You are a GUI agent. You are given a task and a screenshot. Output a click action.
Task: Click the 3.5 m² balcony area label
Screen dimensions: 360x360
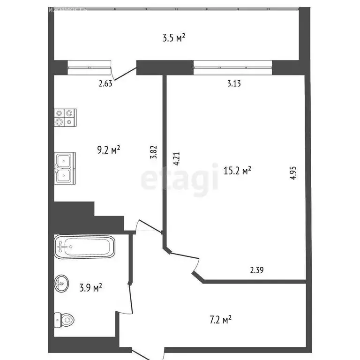pyautogui.click(x=173, y=38)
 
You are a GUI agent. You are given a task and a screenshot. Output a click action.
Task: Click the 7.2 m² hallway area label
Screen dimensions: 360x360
pyautogui.click(x=221, y=320)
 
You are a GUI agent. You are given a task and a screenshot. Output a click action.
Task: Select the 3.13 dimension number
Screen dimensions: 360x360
pyautogui.click(x=234, y=84)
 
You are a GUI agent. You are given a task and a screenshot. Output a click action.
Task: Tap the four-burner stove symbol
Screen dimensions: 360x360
pyautogui.click(x=65, y=117)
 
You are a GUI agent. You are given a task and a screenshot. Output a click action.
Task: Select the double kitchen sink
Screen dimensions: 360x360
pyautogui.click(x=64, y=168)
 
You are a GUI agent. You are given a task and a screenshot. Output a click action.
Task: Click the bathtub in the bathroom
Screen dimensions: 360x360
pyautogui.click(x=84, y=247)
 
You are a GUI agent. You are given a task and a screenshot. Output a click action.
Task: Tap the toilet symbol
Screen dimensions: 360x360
pyautogui.click(x=64, y=321)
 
